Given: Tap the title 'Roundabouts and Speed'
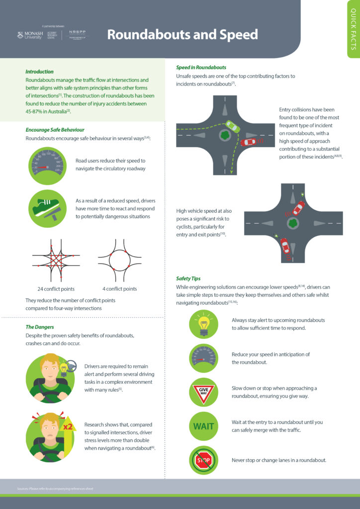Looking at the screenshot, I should pyautogui.click(x=182, y=34).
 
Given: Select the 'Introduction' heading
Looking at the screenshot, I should pyautogui.click(x=39, y=72).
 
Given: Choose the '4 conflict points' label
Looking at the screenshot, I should pyautogui.click(x=119, y=289).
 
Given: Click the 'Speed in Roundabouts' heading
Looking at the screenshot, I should pyautogui.click(x=201, y=67).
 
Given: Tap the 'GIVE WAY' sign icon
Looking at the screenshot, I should pyautogui.click(x=203, y=392).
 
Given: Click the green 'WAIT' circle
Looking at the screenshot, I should pyautogui.click(x=203, y=426).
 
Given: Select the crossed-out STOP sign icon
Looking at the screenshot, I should pyautogui.click(x=203, y=460).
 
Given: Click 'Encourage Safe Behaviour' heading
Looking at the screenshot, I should pyautogui.click(x=55, y=130).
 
